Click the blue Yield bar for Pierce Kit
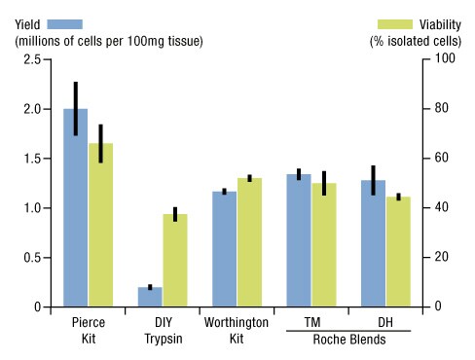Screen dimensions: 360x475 coord(76,209)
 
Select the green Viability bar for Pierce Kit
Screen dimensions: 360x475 coord(101,226)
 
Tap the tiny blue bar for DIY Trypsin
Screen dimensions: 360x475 coord(150,297)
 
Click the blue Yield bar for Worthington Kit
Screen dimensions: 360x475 coord(224,249)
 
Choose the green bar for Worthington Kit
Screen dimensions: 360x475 coord(249,242)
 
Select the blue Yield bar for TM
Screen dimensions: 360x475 coord(299,240)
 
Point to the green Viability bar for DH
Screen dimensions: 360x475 coord(398,252)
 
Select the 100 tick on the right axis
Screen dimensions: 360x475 coord(442,59)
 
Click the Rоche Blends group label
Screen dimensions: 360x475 coord(348,341)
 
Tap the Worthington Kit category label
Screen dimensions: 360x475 coord(237,331)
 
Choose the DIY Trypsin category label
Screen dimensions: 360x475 coord(163,331)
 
